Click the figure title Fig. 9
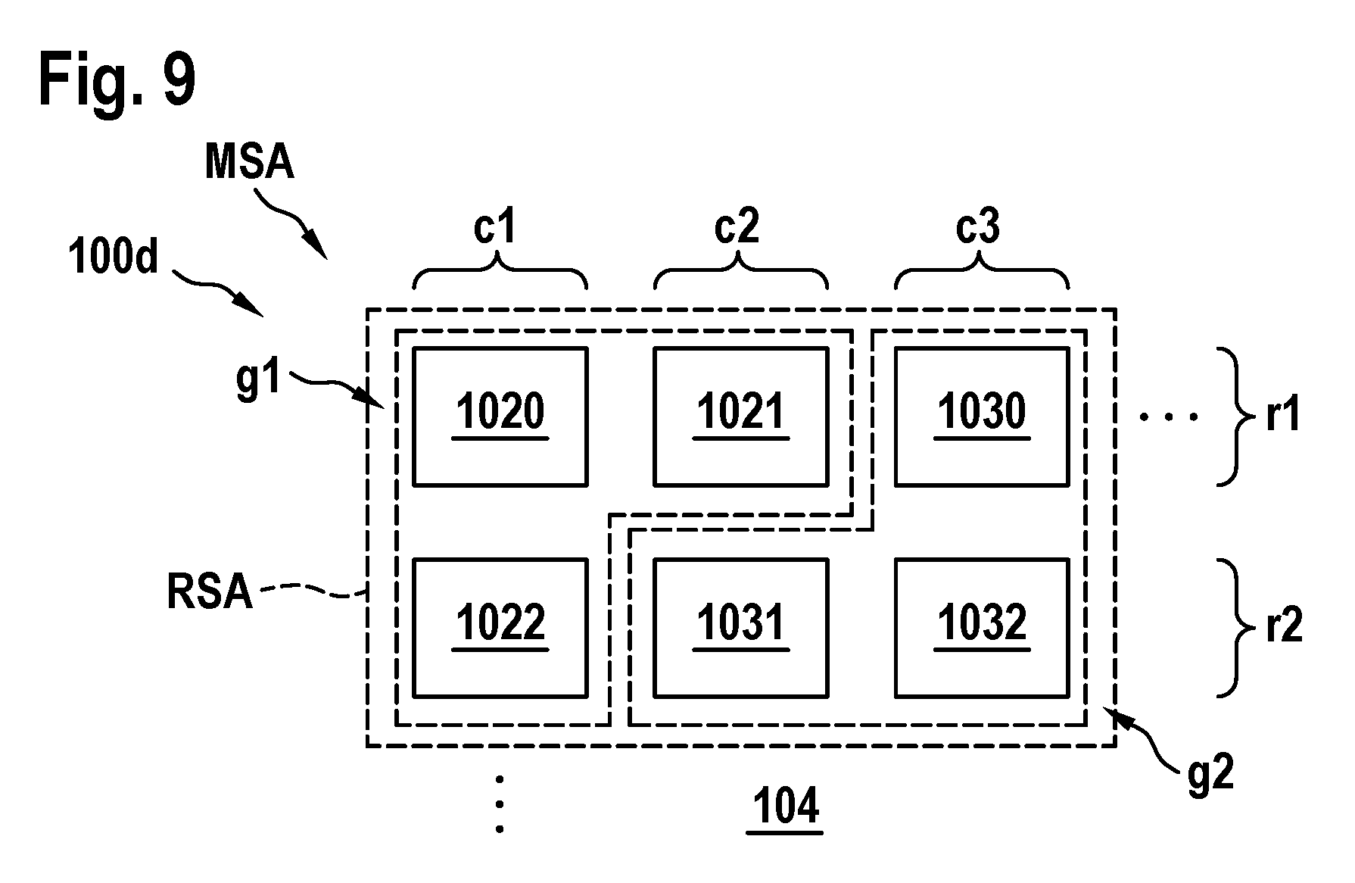[117, 80]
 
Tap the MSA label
[250, 162]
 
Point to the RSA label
[210, 591]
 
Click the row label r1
[1283, 417]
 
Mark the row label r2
[1284, 628]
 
